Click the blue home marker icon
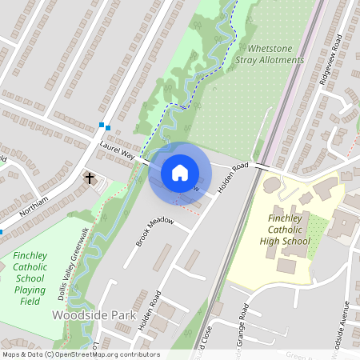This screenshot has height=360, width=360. (x=180, y=173)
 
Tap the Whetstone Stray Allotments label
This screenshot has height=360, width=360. (x=270, y=54)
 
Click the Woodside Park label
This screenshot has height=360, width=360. (x=93, y=316)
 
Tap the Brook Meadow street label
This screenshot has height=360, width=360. (x=155, y=230)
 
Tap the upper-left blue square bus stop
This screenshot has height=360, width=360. (x=102, y=124)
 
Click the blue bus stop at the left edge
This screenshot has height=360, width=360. (x=2, y=231)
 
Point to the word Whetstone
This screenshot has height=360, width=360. (x=270, y=48)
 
